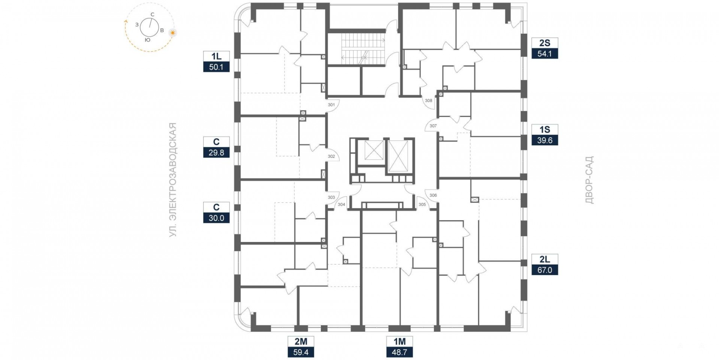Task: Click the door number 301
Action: (x=331, y=105)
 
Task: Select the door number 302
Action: (x=331, y=156)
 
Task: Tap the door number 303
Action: (x=331, y=197)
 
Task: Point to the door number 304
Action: (x=341, y=205)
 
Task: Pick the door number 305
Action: (x=422, y=205)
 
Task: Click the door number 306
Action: (x=433, y=195)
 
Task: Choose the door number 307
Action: (x=433, y=126)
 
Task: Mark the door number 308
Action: (x=428, y=100)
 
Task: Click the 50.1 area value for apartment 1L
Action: (x=216, y=67)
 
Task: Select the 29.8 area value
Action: (x=216, y=152)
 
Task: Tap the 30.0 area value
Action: (x=216, y=218)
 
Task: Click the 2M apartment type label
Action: (x=301, y=341)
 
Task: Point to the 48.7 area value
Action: (x=400, y=352)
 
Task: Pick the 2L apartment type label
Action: (x=545, y=259)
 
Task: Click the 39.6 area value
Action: (x=545, y=140)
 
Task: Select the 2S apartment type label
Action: (x=545, y=43)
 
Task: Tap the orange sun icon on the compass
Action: (x=173, y=33)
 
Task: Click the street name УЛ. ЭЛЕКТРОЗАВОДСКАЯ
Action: (x=173, y=180)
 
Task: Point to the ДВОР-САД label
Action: (x=589, y=180)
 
